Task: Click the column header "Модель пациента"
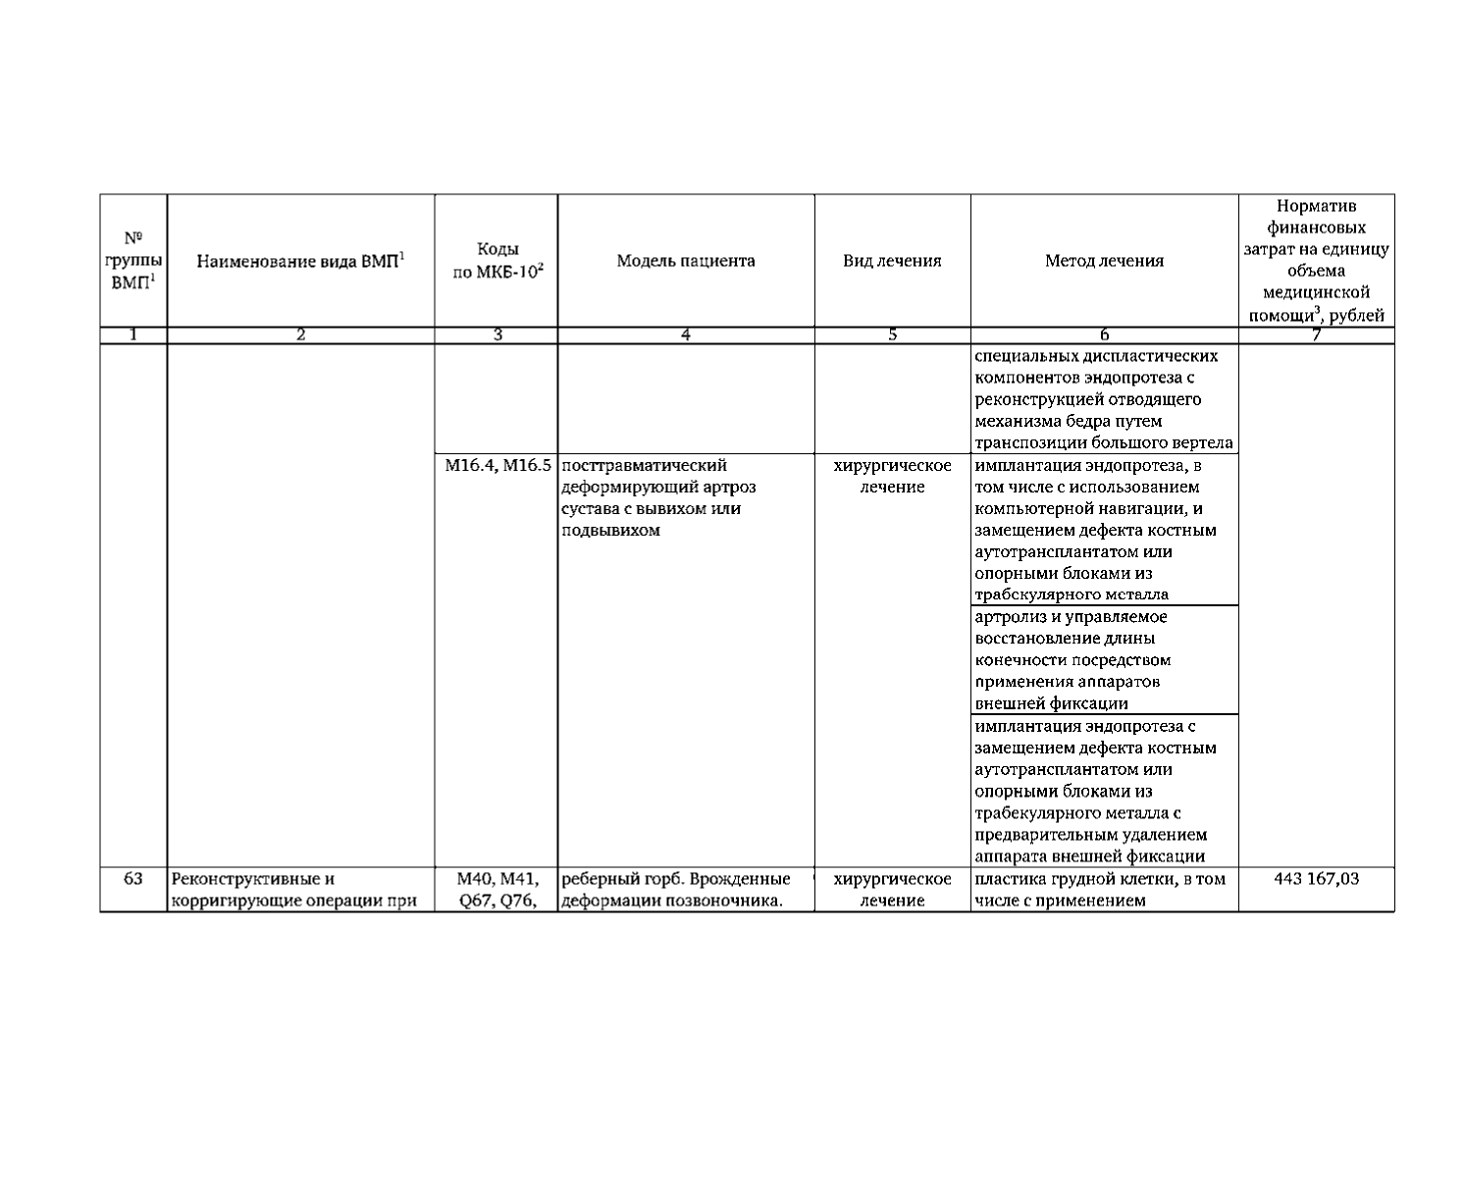[x=686, y=261]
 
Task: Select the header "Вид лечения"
[x=892, y=261]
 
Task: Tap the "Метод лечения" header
[x=1104, y=261]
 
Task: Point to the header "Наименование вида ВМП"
[x=301, y=261]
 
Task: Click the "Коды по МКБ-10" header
[x=497, y=261]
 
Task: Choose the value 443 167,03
[x=1316, y=879]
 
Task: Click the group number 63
[x=133, y=879]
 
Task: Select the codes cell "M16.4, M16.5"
[x=498, y=466]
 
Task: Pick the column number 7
[x=1316, y=336]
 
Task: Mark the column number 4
[x=686, y=336]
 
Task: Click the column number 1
[x=133, y=336]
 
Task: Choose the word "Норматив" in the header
[x=1316, y=207]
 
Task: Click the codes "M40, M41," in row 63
[x=497, y=879]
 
